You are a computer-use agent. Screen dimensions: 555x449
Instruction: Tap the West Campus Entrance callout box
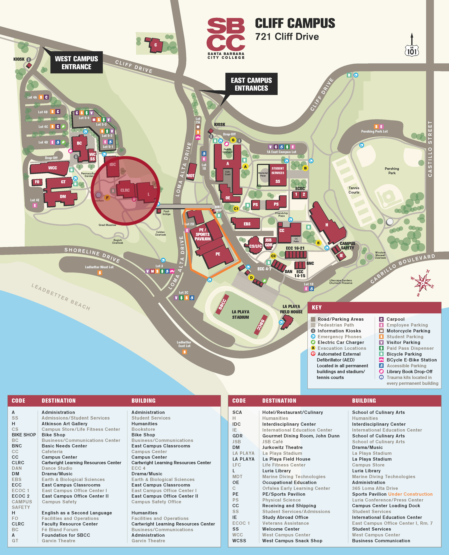point(77,63)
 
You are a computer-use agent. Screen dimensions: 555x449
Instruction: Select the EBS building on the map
point(247,224)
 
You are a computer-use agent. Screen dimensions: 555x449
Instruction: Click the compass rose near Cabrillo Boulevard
point(422,283)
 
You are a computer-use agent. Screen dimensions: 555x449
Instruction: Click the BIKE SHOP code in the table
point(24,435)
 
